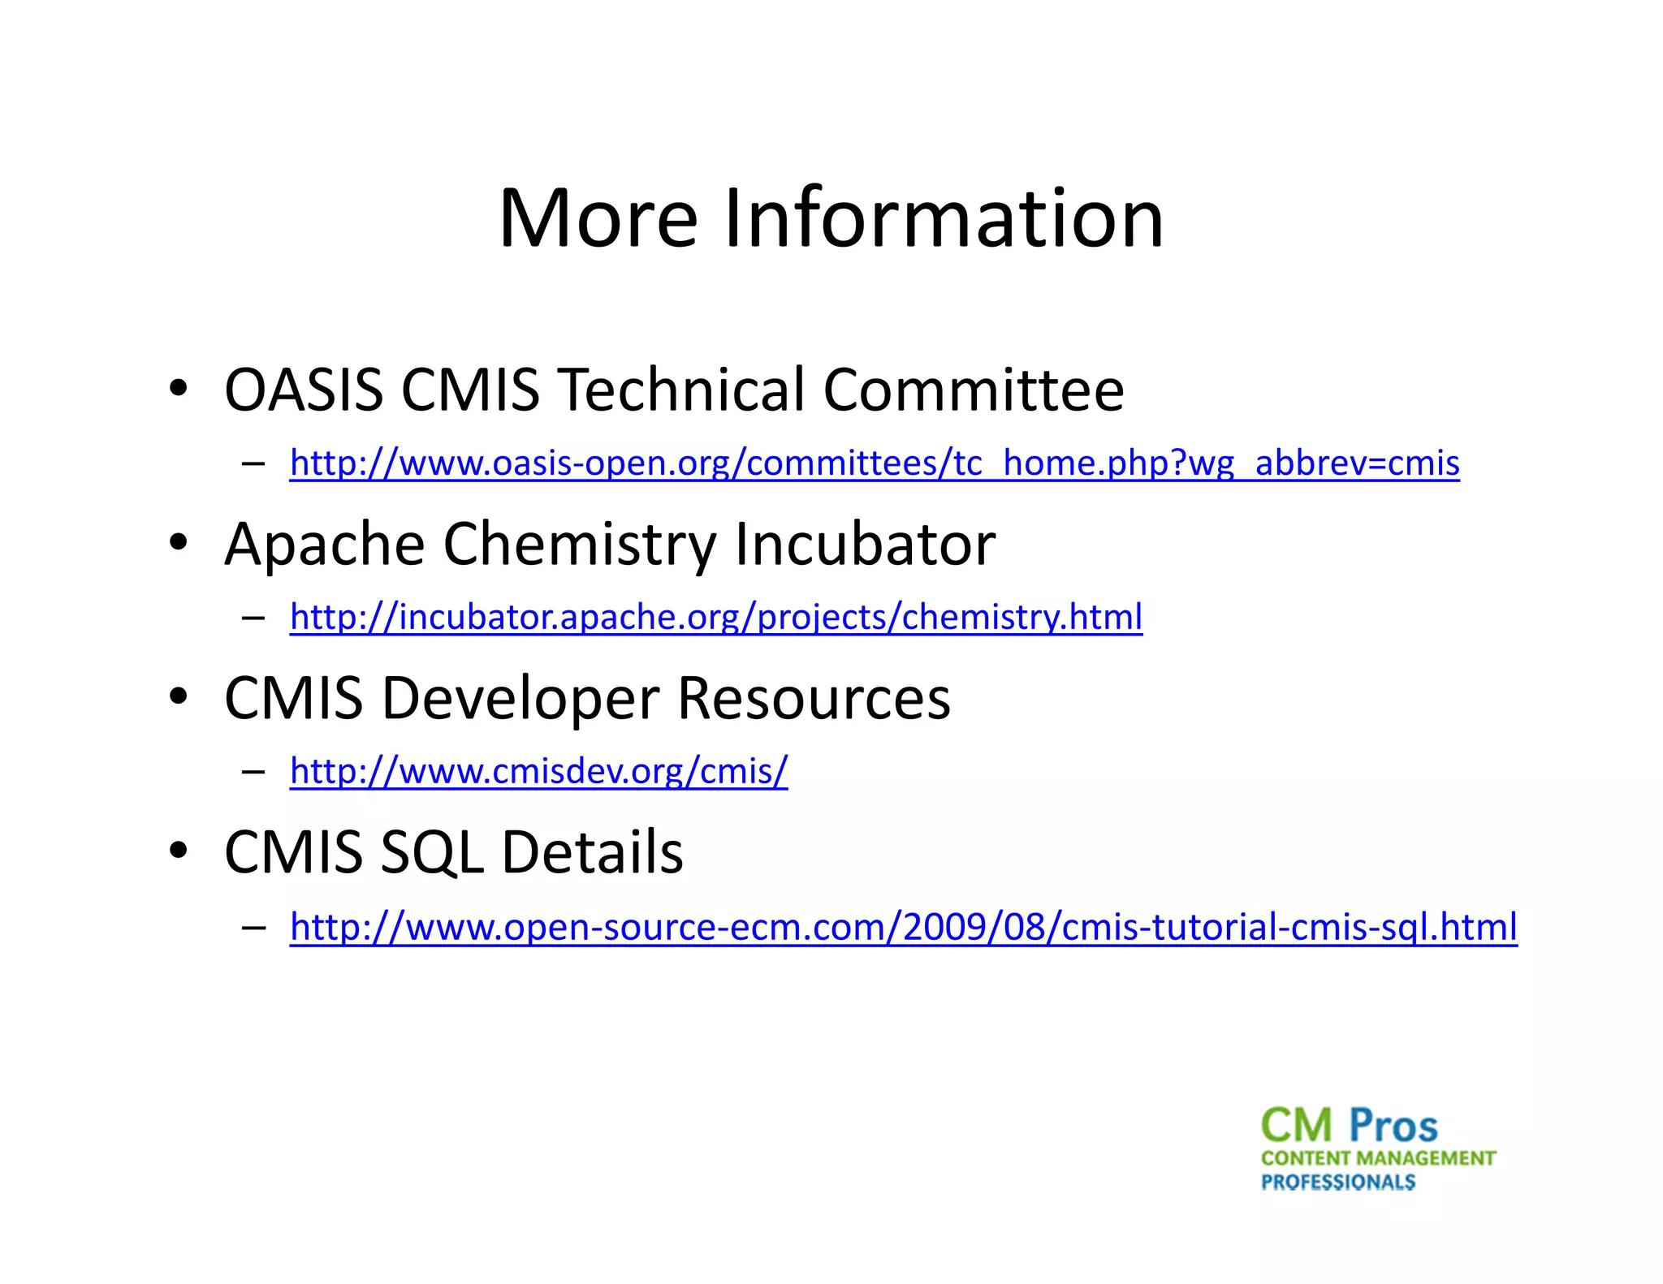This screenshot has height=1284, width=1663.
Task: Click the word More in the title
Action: click(598, 218)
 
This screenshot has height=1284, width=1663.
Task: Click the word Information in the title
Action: click(943, 218)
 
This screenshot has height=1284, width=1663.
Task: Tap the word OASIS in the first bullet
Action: click(303, 390)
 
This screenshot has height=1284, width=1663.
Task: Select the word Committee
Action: click(973, 390)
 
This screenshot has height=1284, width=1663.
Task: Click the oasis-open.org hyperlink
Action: click(874, 463)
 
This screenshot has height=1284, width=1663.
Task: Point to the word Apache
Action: click(324, 545)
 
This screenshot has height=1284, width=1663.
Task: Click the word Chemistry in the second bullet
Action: click(579, 545)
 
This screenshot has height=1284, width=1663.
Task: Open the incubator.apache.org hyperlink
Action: click(715, 618)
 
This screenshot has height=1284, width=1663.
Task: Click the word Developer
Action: click(520, 699)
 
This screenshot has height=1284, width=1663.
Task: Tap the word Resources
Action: click(813, 699)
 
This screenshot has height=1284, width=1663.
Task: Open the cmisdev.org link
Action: click(538, 772)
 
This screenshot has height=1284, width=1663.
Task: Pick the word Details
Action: click(592, 853)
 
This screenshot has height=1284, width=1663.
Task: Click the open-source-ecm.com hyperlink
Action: click(903, 928)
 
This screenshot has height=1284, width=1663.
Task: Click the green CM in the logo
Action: click(1296, 1127)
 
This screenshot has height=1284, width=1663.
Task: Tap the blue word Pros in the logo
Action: click(1393, 1127)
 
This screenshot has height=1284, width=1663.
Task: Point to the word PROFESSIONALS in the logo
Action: click(1337, 1183)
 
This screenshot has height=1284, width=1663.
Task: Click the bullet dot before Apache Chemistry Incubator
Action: click(179, 542)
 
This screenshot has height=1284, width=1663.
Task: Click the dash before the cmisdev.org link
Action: click(253, 772)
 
